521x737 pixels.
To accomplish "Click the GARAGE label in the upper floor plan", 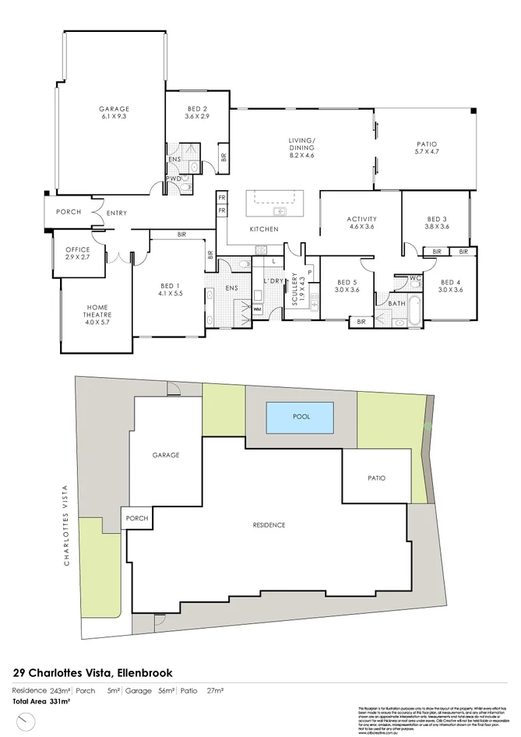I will coord(114,109).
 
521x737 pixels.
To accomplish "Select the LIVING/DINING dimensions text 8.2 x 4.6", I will coord(301,156).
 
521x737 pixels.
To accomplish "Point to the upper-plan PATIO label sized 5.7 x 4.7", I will coord(426,144).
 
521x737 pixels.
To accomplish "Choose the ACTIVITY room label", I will coord(361,219).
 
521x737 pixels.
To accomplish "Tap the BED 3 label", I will coord(437,219).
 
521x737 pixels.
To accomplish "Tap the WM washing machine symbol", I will coord(258,309).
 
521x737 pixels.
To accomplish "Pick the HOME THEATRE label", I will coord(82,309).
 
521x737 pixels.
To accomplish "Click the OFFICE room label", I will coord(78,250).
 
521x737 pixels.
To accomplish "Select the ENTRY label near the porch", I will coord(117,213).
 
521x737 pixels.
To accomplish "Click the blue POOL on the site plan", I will coord(301,417).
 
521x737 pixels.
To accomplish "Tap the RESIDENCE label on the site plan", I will coord(269,525).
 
